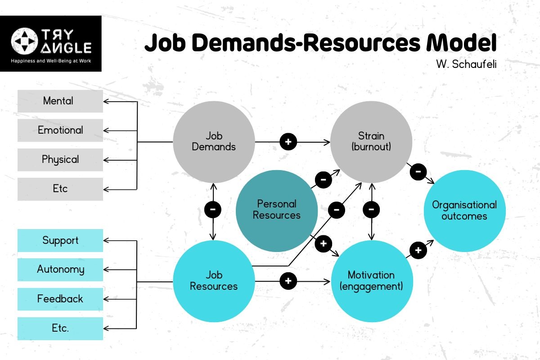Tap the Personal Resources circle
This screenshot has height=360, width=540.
click(x=276, y=210)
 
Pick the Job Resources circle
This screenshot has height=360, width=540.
click(x=214, y=281)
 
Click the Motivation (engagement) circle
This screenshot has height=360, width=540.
click(x=371, y=281)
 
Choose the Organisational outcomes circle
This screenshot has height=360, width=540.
click(x=464, y=210)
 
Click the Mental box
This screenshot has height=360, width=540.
click(x=60, y=101)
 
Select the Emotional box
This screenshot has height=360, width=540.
click(x=60, y=130)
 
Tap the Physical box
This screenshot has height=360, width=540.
click(x=60, y=160)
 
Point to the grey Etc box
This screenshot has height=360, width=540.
click(x=60, y=189)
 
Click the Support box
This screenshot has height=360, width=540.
click(x=60, y=240)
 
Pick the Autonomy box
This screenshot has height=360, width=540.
click(x=60, y=270)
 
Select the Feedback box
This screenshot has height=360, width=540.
click(x=60, y=299)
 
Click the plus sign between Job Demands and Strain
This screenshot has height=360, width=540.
click(x=288, y=142)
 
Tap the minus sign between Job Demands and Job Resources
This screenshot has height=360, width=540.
click(x=213, y=209)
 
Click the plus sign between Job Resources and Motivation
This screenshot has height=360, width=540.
click(x=288, y=281)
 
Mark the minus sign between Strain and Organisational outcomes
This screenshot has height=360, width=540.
click(x=418, y=171)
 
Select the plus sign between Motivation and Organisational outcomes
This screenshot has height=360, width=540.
click(x=418, y=250)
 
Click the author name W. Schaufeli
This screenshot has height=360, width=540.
click(x=466, y=64)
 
